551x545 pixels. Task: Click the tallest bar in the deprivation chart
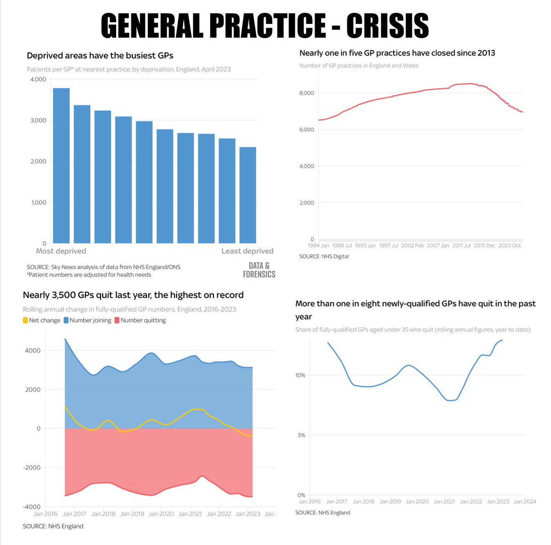pyautogui.click(x=61, y=166)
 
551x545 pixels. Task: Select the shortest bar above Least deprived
pyautogui.click(x=247, y=195)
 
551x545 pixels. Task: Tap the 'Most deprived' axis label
pyautogui.click(x=61, y=251)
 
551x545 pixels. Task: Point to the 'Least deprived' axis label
pyautogui.click(x=247, y=251)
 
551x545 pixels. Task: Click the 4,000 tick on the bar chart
pyautogui.click(x=38, y=79)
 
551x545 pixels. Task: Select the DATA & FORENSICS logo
pyautogui.click(x=259, y=270)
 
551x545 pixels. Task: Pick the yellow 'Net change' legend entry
pyautogui.click(x=41, y=320)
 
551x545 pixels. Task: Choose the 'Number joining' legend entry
pyautogui.click(x=87, y=320)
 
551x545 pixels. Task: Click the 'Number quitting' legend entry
pyautogui.click(x=140, y=320)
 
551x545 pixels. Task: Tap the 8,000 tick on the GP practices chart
pyautogui.click(x=306, y=93)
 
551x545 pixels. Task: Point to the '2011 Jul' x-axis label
pyautogui.click(x=461, y=246)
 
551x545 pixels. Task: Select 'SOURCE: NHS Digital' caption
pyautogui.click(x=324, y=256)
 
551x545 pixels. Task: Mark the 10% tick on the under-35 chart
pyautogui.click(x=300, y=375)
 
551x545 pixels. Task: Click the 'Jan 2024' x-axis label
pyautogui.click(x=524, y=501)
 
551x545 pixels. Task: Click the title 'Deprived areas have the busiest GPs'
pyautogui.click(x=100, y=56)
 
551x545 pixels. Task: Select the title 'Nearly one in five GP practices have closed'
pyautogui.click(x=397, y=53)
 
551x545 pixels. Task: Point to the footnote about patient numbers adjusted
pyautogui.click(x=89, y=275)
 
